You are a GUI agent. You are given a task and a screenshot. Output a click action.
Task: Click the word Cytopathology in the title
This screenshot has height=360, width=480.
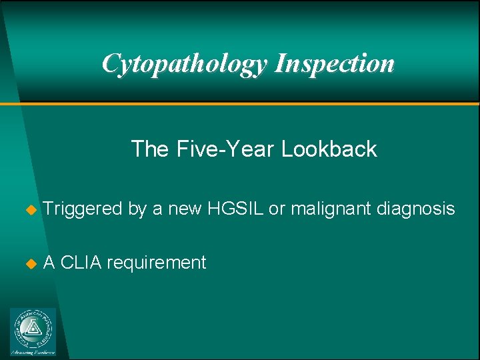pyautogui.click(x=185, y=64)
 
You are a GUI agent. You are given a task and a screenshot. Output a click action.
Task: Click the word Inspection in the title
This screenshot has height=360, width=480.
pyautogui.click(x=335, y=64)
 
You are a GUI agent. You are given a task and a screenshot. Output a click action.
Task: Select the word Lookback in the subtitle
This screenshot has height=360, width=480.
pyautogui.click(x=329, y=149)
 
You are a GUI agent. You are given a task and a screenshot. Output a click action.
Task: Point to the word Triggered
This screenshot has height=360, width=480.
pyautogui.click(x=83, y=209)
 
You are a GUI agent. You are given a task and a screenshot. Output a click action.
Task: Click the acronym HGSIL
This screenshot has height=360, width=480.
pyautogui.click(x=237, y=209)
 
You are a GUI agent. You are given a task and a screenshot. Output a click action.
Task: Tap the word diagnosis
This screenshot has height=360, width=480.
pyautogui.click(x=416, y=209)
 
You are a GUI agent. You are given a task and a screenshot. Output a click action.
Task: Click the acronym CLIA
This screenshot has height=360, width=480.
pyautogui.click(x=81, y=263)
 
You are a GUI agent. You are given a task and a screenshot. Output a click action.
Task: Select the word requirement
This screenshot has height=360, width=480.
pyautogui.click(x=156, y=263)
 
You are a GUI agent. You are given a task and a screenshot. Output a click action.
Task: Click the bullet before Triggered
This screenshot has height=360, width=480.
pyautogui.click(x=29, y=210)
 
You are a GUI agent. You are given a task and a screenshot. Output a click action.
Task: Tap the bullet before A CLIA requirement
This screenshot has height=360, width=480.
pyautogui.click(x=29, y=263)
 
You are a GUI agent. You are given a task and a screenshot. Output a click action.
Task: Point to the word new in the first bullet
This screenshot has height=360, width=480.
pyautogui.click(x=186, y=209)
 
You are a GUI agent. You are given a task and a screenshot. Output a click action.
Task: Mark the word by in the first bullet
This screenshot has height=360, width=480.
pyautogui.click(x=137, y=209)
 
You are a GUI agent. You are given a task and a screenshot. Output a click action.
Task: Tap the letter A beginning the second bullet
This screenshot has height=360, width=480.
pyautogui.click(x=49, y=263)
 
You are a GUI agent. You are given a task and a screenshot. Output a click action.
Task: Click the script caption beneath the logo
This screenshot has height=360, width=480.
pyautogui.click(x=33, y=351)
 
